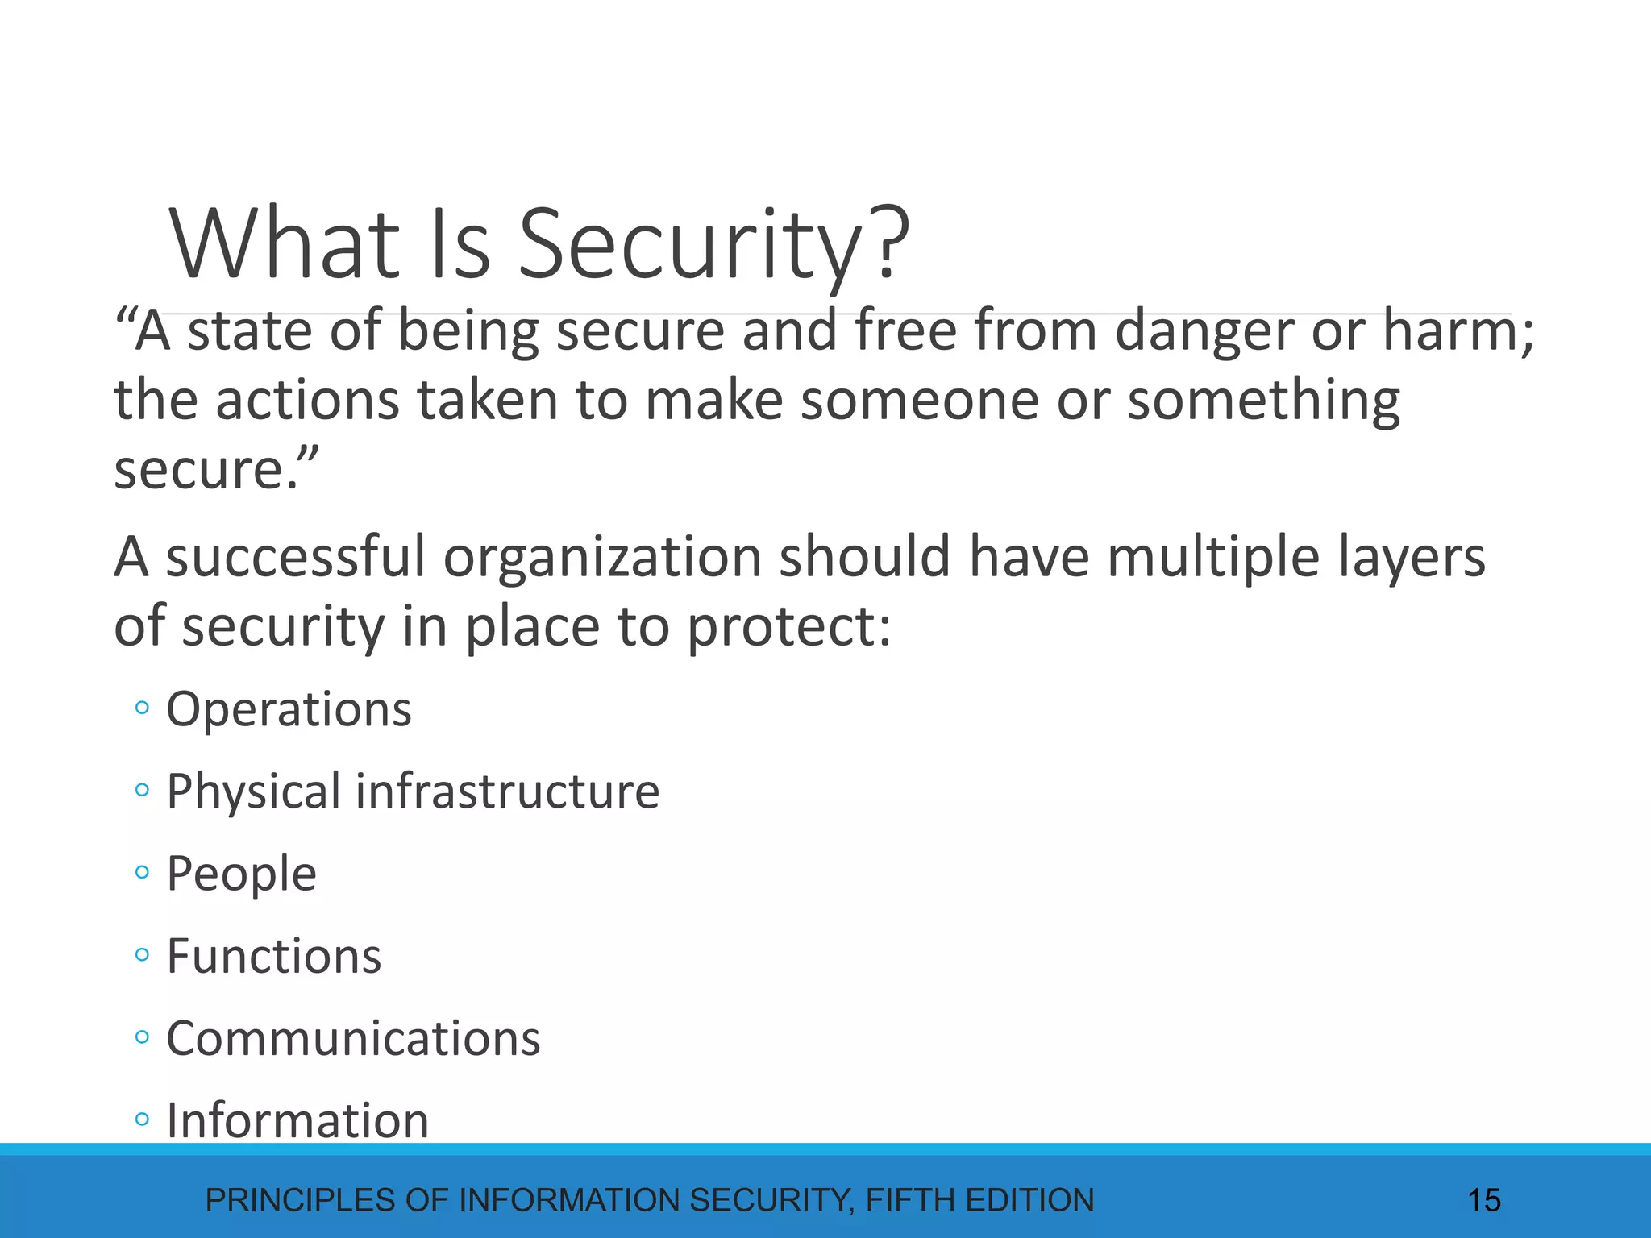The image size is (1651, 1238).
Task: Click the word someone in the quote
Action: click(x=918, y=401)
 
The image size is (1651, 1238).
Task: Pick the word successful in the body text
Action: click(x=295, y=557)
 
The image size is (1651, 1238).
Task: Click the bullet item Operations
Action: click(x=289, y=710)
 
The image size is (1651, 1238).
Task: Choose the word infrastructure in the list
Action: click(x=507, y=791)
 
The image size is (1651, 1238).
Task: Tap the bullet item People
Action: click(x=241, y=874)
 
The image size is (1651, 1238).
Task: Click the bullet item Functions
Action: click(x=273, y=957)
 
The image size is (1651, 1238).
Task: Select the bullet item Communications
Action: click(x=353, y=1039)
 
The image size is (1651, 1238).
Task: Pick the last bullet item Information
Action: click(x=297, y=1121)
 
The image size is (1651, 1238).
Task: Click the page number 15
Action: click(x=1483, y=1201)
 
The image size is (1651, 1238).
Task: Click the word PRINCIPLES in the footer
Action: click(x=302, y=1201)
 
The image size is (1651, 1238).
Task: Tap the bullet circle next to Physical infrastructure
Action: click(x=143, y=791)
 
